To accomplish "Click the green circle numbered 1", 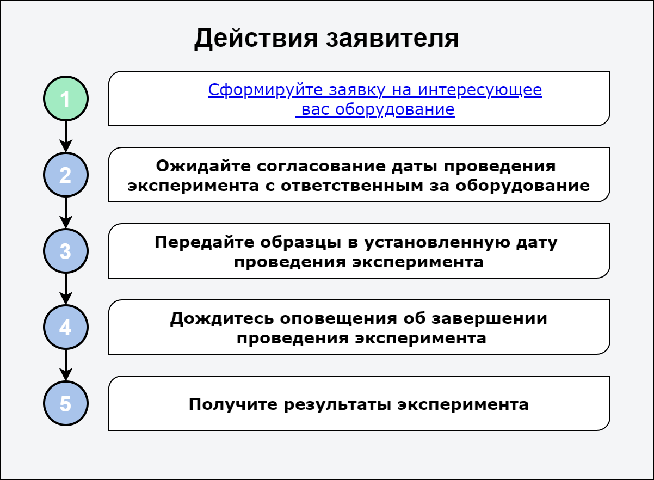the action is [x=66, y=99].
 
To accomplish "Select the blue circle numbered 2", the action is [x=66, y=175].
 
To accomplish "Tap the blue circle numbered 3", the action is [x=66, y=251].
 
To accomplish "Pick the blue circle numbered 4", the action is [x=66, y=327].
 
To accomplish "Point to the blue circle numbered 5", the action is [x=66, y=403].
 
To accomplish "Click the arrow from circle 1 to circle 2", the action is [x=66, y=137].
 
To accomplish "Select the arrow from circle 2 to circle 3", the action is [x=66, y=213].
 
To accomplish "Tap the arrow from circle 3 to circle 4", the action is [x=66, y=289].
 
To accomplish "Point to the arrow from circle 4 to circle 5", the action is [x=66, y=365].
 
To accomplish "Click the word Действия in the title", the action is [x=256, y=39].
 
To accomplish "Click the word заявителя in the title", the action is [x=392, y=39].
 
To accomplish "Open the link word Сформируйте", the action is [x=265, y=90].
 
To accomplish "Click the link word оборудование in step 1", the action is [x=394, y=109].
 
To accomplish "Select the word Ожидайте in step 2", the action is [x=203, y=167].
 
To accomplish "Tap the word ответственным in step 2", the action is [x=352, y=186].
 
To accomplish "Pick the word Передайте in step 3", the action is [x=205, y=242].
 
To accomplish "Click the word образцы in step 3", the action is [x=301, y=242].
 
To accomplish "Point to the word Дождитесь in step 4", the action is [x=222, y=319].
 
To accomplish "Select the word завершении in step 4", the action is [x=489, y=319].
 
